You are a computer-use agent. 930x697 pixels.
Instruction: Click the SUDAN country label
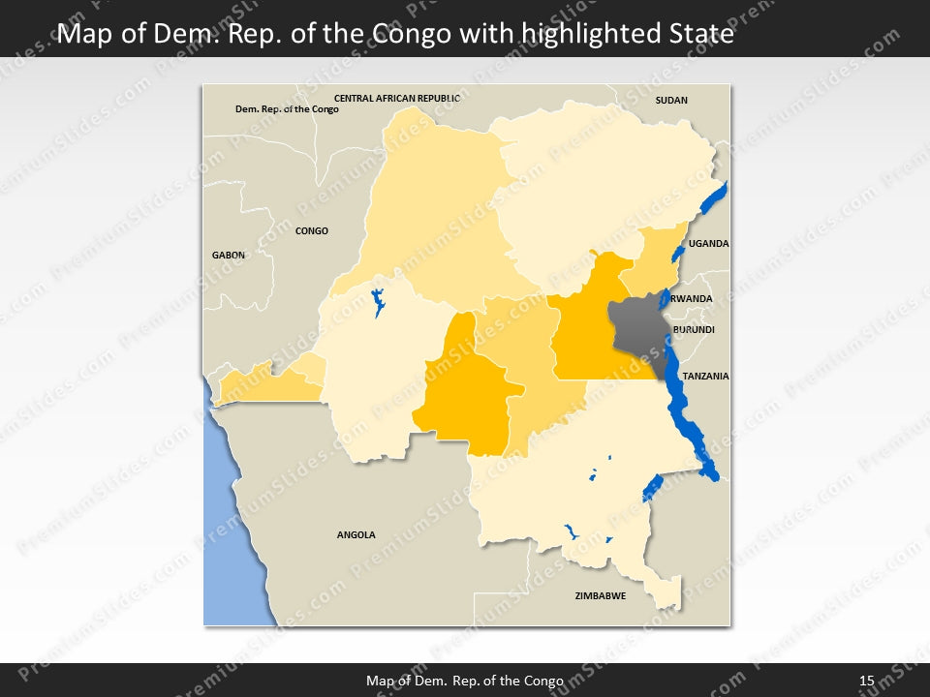[671, 100]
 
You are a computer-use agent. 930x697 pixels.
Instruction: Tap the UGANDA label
[708, 244]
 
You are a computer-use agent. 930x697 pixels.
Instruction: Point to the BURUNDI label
[694, 330]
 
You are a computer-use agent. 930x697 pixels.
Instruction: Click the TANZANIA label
[704, 376]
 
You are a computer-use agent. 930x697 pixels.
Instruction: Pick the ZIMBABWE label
[600, 596]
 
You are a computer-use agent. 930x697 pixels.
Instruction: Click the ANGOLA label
[356, 535]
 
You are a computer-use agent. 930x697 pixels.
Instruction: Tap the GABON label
[229, 255]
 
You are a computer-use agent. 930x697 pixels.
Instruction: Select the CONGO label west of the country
[311, 231]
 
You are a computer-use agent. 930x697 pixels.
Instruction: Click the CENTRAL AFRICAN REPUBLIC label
[397, 98]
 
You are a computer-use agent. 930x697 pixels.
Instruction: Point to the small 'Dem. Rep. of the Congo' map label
[287, 109]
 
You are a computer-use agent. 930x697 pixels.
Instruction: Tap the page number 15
[866, 681]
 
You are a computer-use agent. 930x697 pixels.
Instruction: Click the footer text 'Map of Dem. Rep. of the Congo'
[465, 681]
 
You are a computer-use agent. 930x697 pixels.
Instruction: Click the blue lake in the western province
[378, 302]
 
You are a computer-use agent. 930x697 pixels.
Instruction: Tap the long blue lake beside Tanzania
[690, 416]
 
